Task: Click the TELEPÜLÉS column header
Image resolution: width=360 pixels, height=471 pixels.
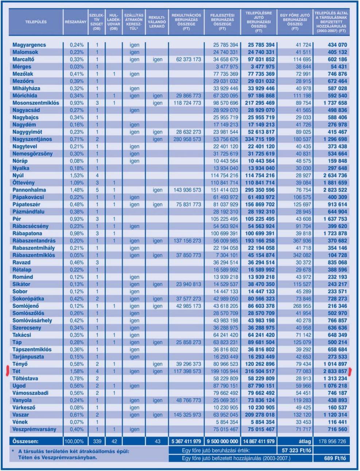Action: click(36, 22)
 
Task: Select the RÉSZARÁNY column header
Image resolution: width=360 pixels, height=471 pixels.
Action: click(76, 22)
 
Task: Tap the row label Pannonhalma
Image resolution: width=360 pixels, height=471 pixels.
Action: click(29, 190)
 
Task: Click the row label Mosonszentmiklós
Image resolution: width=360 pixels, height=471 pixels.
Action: click(36, 103)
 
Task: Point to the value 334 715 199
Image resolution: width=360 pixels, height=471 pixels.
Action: click(260, 139)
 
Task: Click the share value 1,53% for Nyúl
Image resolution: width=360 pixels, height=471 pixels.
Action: click(77, 175)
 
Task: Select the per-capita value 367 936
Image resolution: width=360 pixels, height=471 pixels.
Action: click(302, 241)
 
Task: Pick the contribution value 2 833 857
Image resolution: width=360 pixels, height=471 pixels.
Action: click(335, 371)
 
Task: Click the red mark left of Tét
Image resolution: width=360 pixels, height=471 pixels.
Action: click(8, 371)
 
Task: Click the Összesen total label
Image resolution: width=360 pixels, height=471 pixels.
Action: click(25, 441)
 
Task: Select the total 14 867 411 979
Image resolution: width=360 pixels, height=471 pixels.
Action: click(259, 441)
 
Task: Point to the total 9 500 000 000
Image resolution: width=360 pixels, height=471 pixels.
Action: click(222, 441)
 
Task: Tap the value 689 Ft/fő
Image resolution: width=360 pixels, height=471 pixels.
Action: click(335, 458)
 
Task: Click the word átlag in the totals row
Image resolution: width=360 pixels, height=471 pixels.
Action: click(305, 441)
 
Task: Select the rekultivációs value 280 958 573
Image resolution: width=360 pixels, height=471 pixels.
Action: click(187, 139)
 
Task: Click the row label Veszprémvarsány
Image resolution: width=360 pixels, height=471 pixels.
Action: click(34, 429)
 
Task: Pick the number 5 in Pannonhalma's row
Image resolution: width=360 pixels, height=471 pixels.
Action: click(97, 190)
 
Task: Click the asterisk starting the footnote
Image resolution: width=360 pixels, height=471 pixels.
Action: click(13, 451)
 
